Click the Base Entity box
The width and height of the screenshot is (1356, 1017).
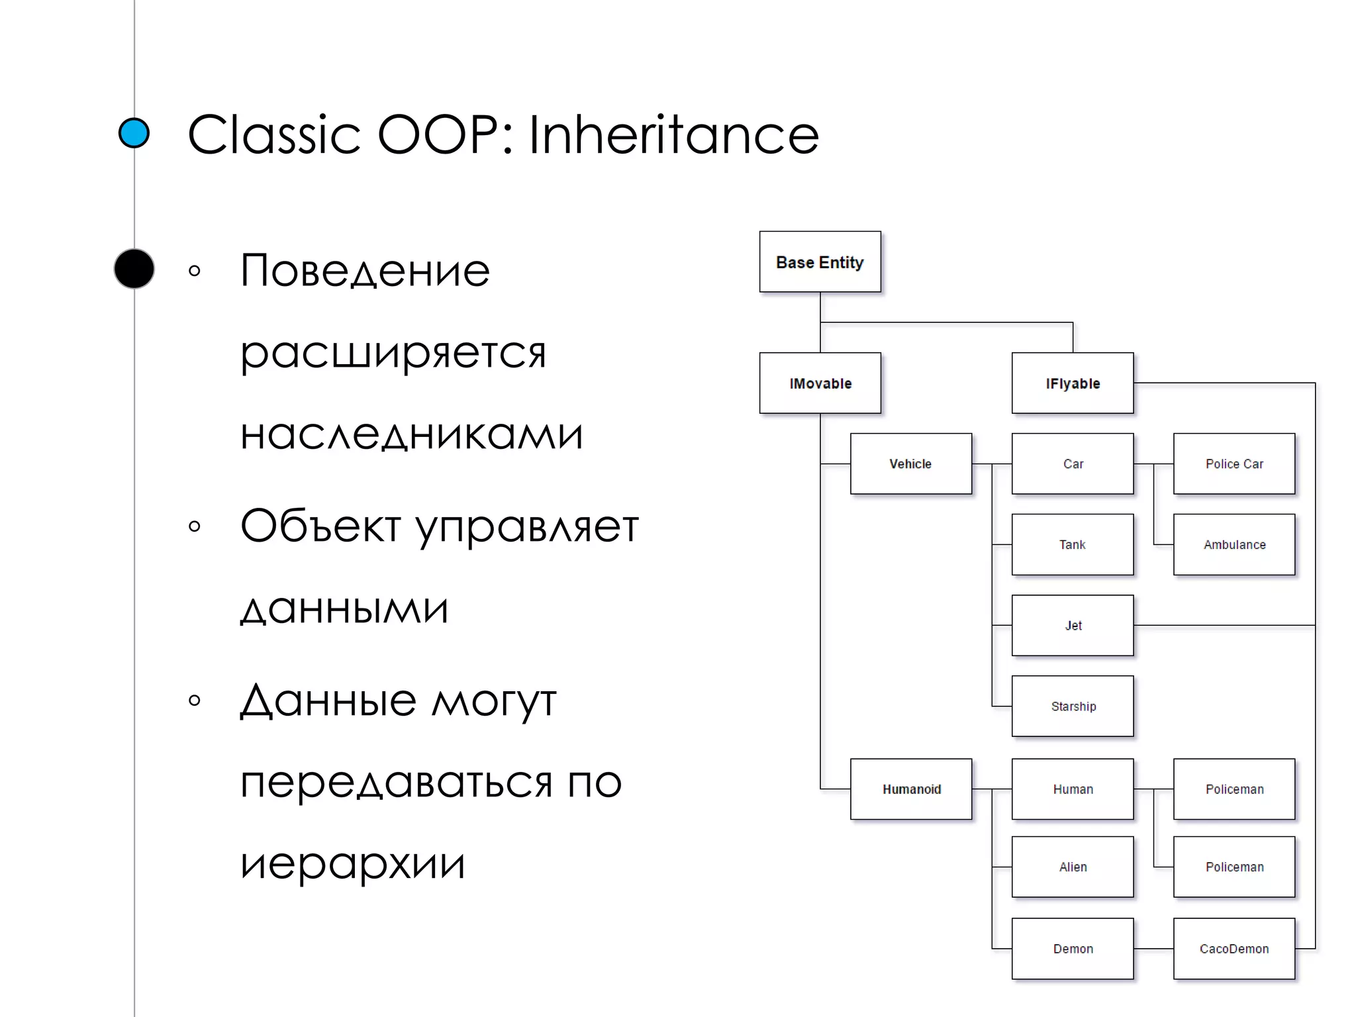(820, 262)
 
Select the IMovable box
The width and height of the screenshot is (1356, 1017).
(820, 383)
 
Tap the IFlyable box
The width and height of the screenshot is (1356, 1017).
(1072, 383)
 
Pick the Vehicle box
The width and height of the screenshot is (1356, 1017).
(910, 463)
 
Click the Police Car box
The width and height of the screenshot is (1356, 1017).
(1234, 463)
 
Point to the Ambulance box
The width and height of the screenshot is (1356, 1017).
(1234, 544)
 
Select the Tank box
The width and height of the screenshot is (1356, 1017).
(1072, 544)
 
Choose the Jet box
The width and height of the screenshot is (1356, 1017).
(1072, 625)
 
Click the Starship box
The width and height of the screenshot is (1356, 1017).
(1072, 706)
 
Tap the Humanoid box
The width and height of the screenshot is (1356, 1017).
(910, 789)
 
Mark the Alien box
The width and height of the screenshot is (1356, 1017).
(1072, 867)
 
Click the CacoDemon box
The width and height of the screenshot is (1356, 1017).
(1234, 948)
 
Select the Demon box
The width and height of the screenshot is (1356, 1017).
(1072, 948)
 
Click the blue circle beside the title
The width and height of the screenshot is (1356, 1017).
(134, 132)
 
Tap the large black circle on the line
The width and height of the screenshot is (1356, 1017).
(134, 269)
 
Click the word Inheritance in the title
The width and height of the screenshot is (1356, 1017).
(673, 134)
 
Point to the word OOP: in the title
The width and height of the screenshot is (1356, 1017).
(445, 134)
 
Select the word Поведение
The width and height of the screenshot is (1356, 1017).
(365, 271)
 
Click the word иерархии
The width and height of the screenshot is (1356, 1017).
(352, 863)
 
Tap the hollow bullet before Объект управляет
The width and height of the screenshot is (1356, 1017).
(194, 526)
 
